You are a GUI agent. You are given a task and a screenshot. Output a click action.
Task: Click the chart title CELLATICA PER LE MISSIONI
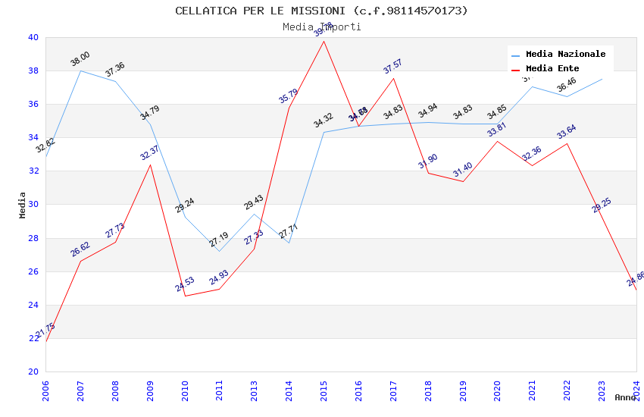coord(321,11)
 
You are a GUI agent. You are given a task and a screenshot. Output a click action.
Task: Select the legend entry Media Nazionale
coord(565,55)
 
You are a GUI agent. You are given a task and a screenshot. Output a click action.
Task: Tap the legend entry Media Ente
coord(552,69)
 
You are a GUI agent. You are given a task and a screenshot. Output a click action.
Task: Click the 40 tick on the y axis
coord(33,38)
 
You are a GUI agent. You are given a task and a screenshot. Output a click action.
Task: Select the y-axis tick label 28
coord(33,238)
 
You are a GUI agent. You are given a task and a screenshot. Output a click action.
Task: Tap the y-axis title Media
coord(23,205)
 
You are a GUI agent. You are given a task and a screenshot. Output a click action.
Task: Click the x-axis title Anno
coord(625,397)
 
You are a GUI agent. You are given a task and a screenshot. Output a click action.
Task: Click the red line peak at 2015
coord(324,41)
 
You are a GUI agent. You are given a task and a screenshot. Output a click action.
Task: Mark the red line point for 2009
coord(150,165)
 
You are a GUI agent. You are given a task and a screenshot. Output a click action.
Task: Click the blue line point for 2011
coord(219,251)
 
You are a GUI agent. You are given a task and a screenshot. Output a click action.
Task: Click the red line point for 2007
coord(80,262)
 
